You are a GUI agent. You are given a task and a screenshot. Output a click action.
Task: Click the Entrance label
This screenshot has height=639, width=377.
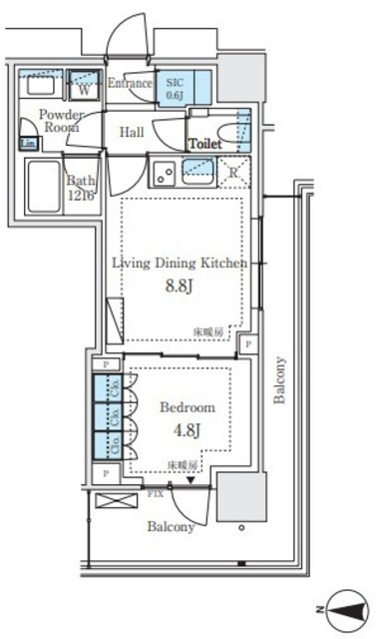(x=129, y=84)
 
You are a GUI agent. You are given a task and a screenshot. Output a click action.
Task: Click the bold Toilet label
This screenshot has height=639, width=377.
(x=205, y=145)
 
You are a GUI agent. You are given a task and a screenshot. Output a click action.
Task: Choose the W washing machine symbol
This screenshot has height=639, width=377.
(x=85, y=88)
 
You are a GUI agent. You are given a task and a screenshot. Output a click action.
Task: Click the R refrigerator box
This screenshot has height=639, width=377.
(x=233, y=170)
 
